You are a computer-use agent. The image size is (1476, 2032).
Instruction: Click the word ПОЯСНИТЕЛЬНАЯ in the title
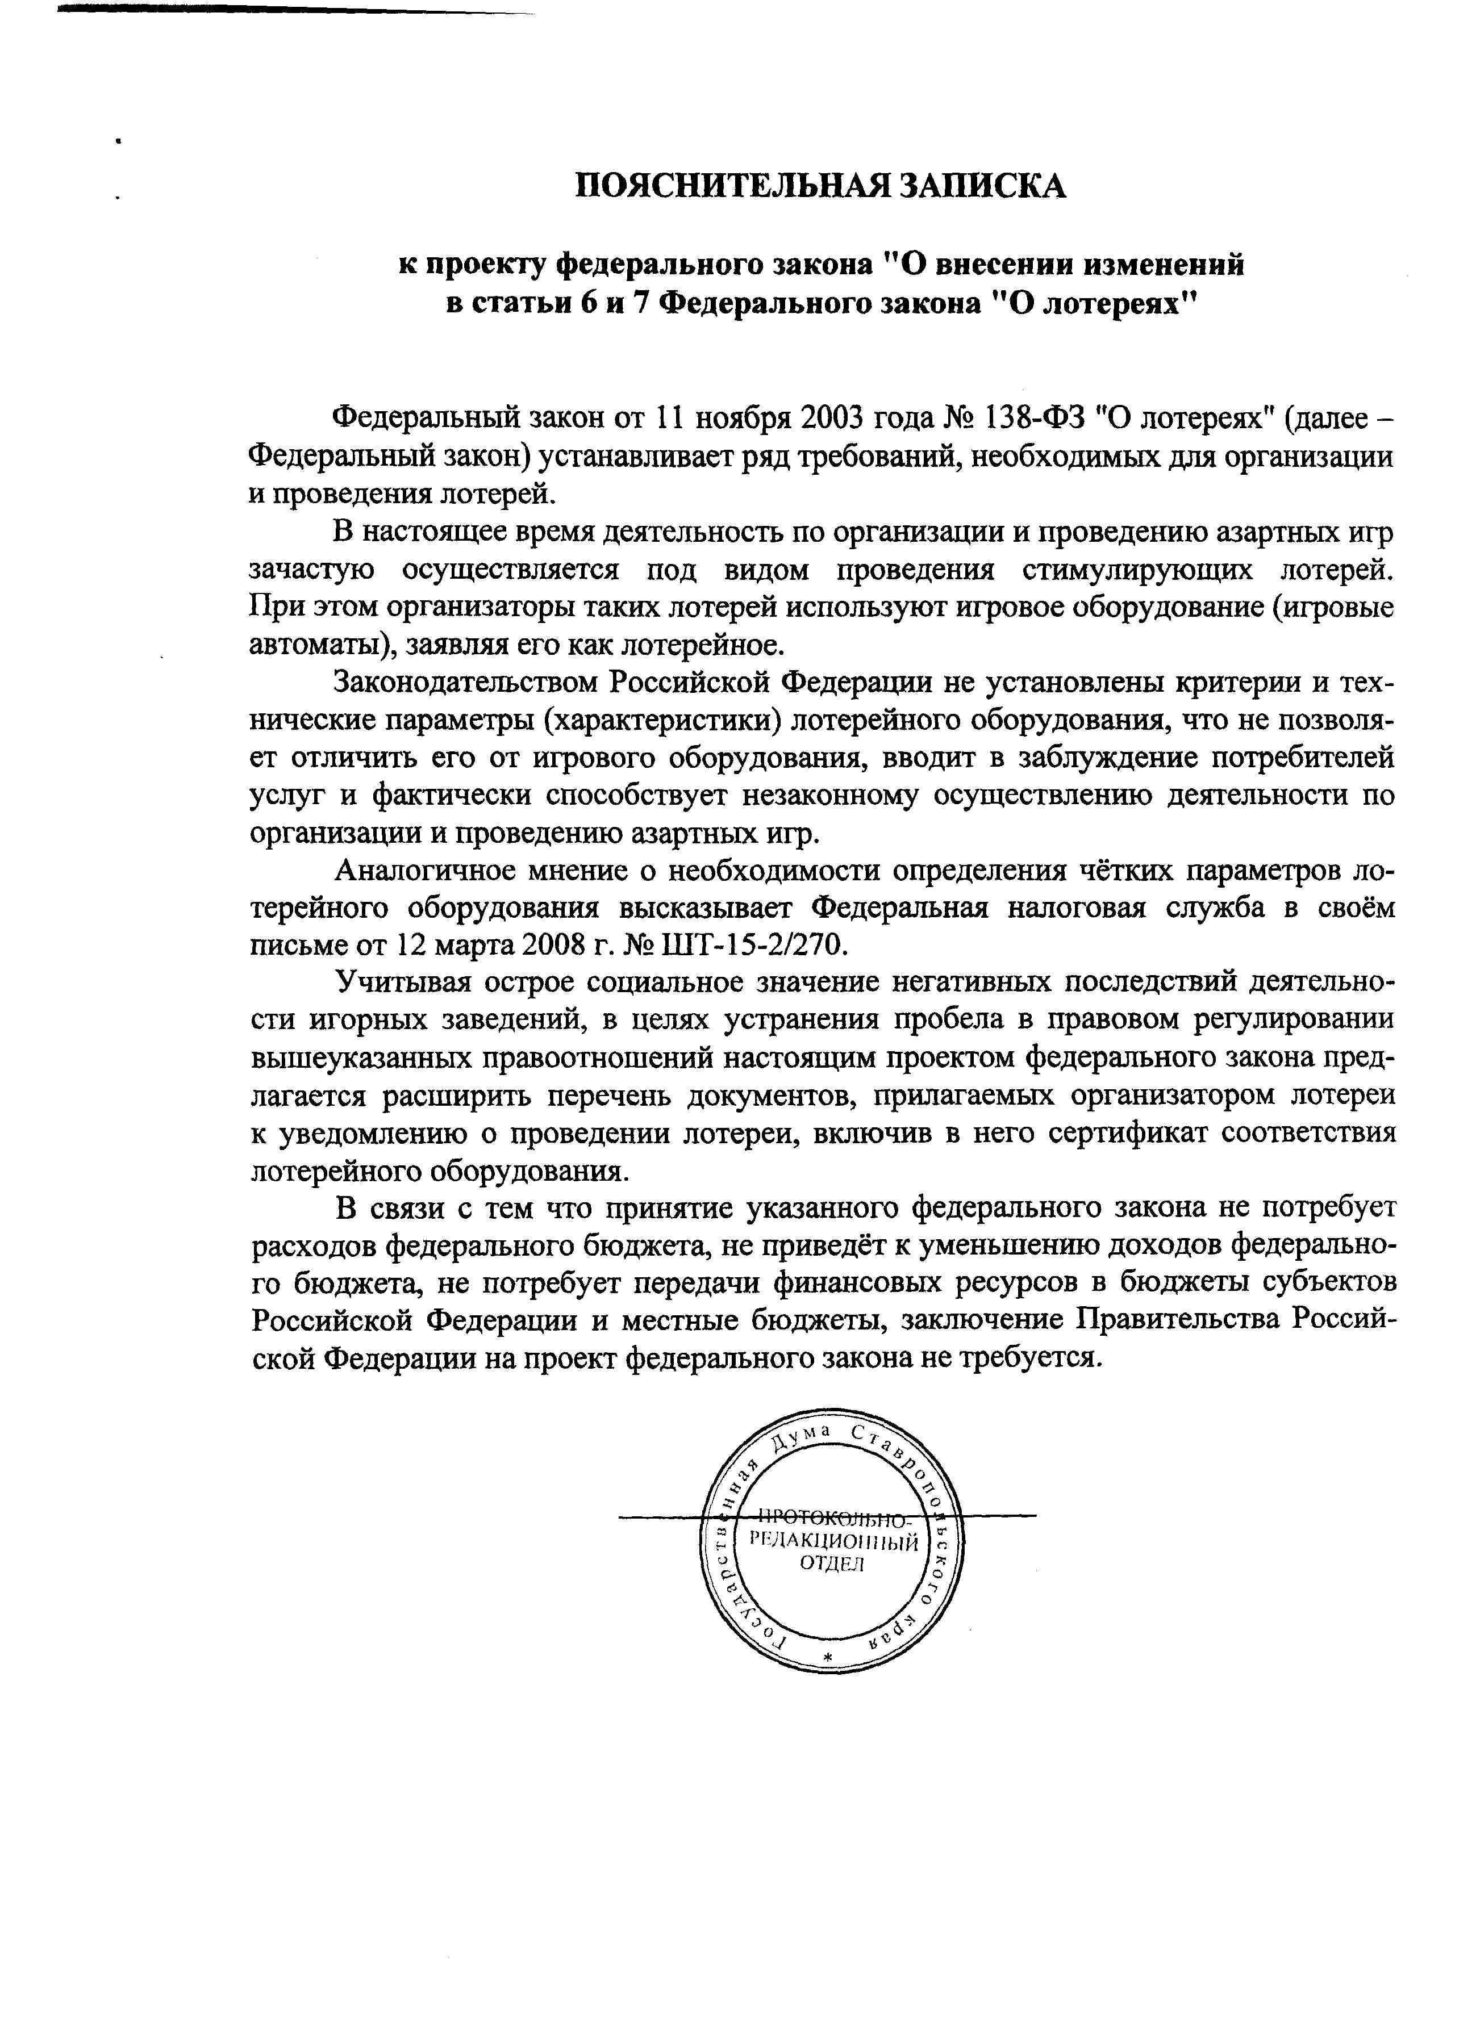coord(728,186)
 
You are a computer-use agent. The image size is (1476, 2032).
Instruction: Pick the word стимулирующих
coord(1130,570)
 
